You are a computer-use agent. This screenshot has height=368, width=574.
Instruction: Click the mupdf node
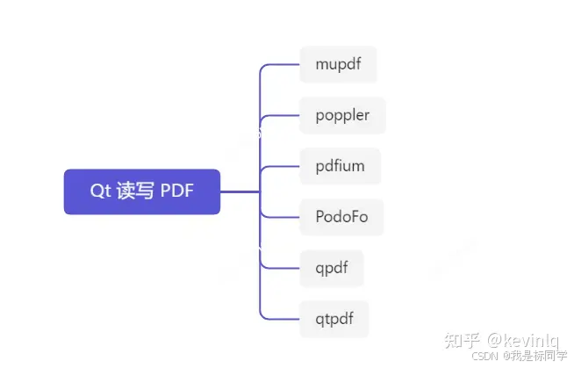pyautogui.click(x=338, y=64)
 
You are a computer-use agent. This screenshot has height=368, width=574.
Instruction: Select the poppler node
pyautogui.click(x=342, y=115)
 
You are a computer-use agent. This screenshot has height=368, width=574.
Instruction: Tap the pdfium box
pyautogui.click(x=340, y=165)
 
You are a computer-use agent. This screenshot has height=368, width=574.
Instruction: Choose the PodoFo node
pyautogui.click(x=341, y=216)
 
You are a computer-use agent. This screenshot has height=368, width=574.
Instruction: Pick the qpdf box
pyautogui.click(x=331, y=267)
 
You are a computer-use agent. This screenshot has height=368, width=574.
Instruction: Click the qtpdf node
pyautogui.click(x=334, y=318)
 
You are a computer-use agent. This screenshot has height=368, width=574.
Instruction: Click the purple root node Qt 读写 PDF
pyautogui.click(x=141, y=191)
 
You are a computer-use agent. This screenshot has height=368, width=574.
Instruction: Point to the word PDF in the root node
pyautogui.click(x=178, y=191)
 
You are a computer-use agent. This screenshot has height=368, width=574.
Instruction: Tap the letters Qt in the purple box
pyautogui.click(x=98, y=191)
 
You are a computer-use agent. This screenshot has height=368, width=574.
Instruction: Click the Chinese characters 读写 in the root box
pyautogui.click(x=134, y=191)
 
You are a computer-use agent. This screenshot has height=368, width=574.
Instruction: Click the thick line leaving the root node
pyautogui.click(x=239, y=191)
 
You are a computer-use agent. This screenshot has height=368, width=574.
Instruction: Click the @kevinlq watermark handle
pyautogui.click(x=525, y=339)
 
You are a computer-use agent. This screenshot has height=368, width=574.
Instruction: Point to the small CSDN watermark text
pyautogui.click(x=484, y=357)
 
